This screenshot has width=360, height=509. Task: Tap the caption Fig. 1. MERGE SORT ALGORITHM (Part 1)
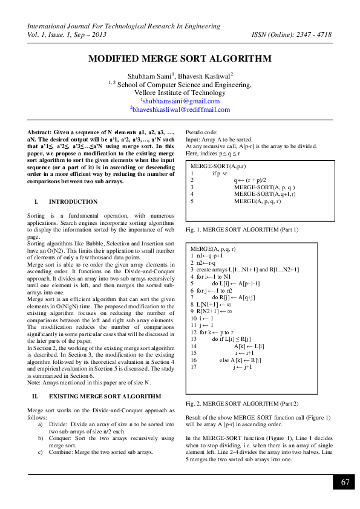coord(242,230)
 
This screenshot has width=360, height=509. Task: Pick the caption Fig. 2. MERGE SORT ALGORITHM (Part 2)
coord(242,403)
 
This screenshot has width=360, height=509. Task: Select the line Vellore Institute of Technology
coord(180,92)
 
